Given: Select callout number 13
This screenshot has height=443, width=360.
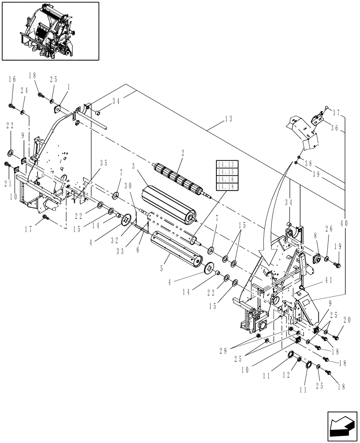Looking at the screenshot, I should coord(228,118).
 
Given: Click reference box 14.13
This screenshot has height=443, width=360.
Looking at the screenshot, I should coord(227,164).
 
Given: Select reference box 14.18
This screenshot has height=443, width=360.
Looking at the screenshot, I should coord(227,187).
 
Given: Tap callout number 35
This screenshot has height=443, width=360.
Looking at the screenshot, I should coord(104,163).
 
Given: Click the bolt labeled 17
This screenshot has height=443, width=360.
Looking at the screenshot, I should coord(45,218).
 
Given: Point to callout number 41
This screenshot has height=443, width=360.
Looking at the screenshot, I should coord(329,280).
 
